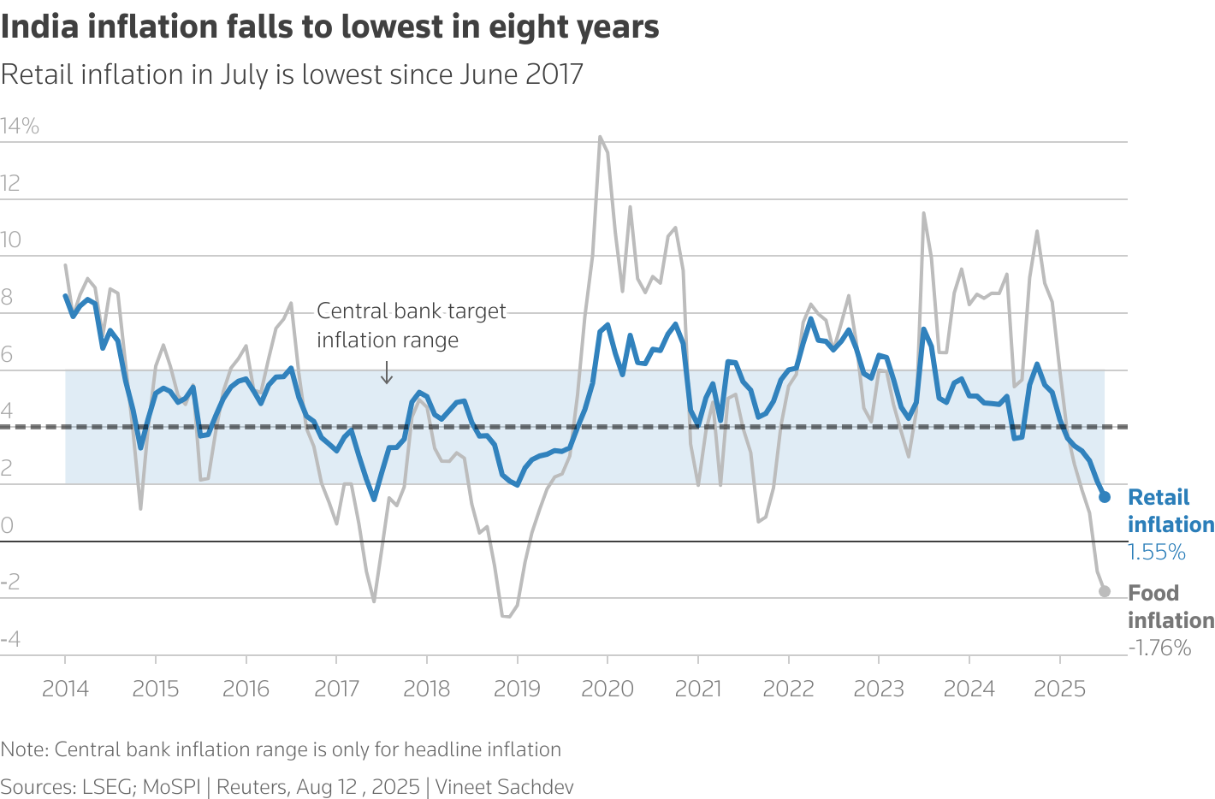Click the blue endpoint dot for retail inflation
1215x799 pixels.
click(x=1105, y=497)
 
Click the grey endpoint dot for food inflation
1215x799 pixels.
click(x=1105, y=591)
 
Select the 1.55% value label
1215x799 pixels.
click(x=1157, y=553)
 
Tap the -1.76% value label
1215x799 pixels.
click(x=1159, y=648)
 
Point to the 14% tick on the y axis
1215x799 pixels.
click(x=20, y=127)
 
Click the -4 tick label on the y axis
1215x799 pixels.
click(x=11, y=639)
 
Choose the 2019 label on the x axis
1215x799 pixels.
click(x=517, y=689)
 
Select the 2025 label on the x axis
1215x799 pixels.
click(x=1059, y=689)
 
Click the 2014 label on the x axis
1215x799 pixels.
click(x=65, y=689)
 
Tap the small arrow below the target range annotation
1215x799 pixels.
click(x=387, y=373)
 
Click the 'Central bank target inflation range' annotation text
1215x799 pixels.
click(x=411, y=325)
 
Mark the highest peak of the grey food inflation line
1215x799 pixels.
click(x=600, y=137)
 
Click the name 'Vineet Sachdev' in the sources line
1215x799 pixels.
click(x=504, y=787)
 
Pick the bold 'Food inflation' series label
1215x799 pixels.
click(x=1170, y=607)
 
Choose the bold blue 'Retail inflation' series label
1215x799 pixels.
click(x=1170, y=511)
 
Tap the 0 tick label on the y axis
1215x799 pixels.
click(x=8, y=525)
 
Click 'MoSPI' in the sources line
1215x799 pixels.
click(x=171, y=787)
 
